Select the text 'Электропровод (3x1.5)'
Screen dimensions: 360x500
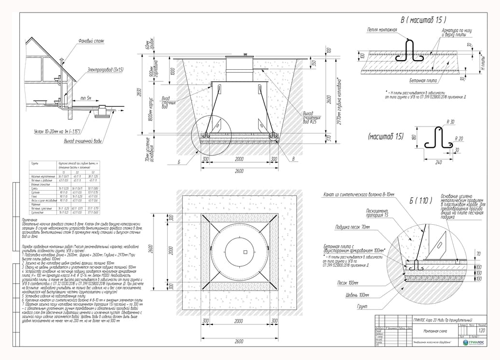point(105,70)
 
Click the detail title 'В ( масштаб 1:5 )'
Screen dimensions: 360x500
point(423,20)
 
